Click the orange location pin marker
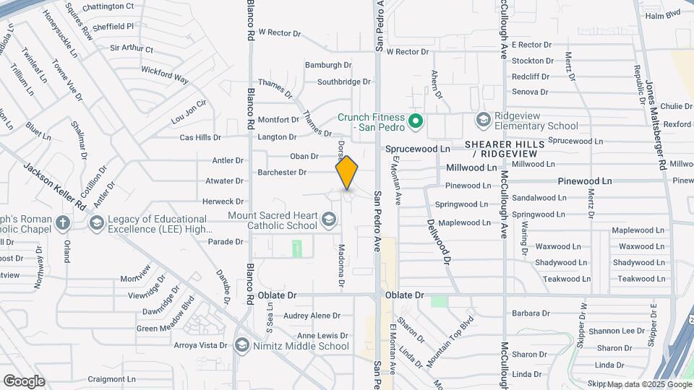tap(347, 172)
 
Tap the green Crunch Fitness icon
tap(415, 121)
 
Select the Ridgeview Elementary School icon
tap(482, 118)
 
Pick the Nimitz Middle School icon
tap(241, 345)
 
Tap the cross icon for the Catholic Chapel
tap(63, 222)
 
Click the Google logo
tap(24, 381)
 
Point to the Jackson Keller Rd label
tap(54, 186)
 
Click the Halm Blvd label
tap(663, 14)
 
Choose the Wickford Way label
tap(164, 74)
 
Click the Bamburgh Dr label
tap(327, 64)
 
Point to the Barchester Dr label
tap(282, 172)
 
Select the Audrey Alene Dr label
tap(312, 316)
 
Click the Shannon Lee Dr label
tap(616, 331)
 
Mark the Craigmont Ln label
tap(111, 378)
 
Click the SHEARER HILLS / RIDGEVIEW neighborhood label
tap(504, 149)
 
